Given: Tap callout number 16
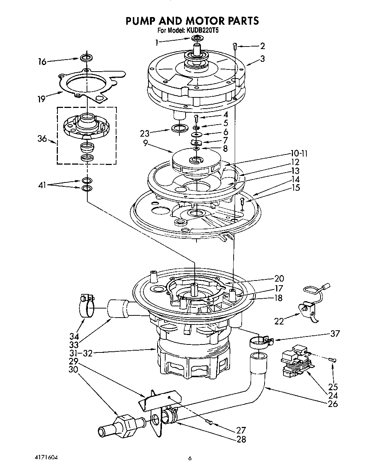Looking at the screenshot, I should [42, 62].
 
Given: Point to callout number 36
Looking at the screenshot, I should [43, 139].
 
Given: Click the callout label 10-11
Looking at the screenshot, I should [299, 154].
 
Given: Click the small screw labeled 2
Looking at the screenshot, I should [235, 46].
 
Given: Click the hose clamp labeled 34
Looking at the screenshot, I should [86, 306].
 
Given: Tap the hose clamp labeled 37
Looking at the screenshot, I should [259, 342].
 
